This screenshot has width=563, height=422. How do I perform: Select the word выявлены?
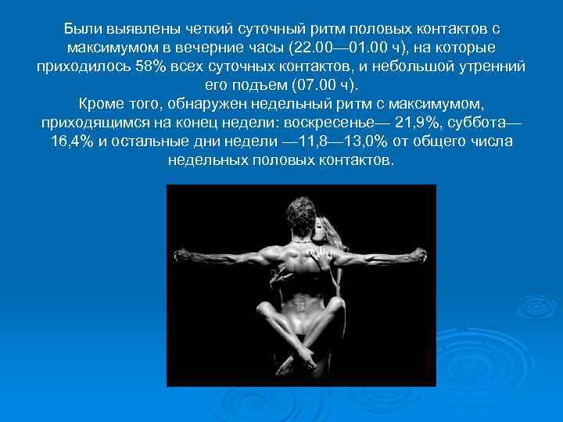pos(140,29)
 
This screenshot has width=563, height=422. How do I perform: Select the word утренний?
pos(485,66)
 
